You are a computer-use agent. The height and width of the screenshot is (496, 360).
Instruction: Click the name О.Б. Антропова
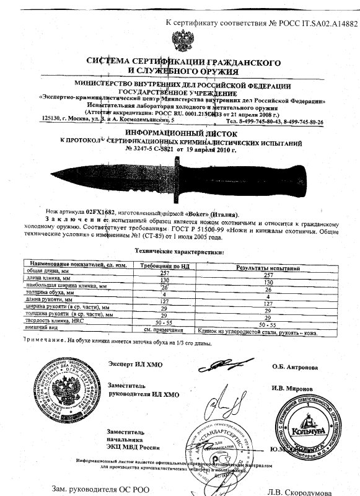295,367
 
